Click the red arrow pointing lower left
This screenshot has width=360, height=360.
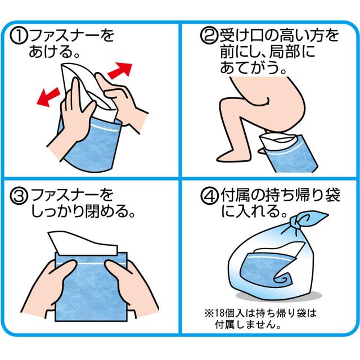[48, 97]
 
